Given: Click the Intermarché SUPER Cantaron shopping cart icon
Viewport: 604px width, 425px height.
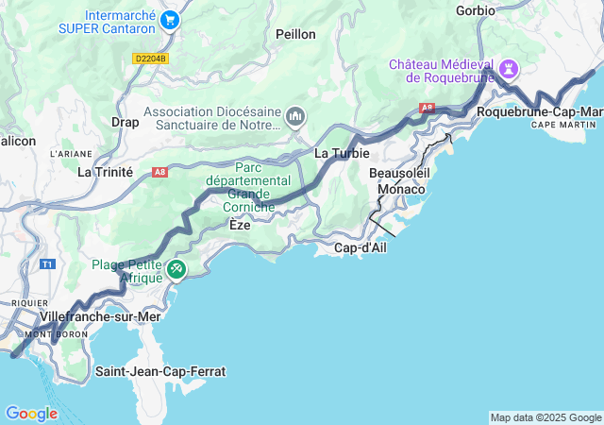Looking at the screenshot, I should point(170,20).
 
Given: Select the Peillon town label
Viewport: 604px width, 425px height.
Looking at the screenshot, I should point(295,34).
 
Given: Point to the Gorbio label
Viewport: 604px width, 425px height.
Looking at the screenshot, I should point(475,10).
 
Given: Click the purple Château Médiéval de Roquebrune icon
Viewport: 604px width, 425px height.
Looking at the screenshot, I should point(510,68).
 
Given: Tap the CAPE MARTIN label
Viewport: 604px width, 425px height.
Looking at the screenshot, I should point(566,125).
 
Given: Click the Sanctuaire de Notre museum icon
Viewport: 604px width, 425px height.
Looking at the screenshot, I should point(295,116).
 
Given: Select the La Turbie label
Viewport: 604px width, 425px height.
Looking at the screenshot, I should point(341,153).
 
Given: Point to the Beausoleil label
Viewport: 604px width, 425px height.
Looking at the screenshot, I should point(400,174).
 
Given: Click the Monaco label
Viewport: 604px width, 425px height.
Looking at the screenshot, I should point(401,190).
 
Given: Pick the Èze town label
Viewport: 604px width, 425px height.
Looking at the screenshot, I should point(240,226).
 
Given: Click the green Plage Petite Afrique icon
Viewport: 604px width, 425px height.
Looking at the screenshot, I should point(176,270).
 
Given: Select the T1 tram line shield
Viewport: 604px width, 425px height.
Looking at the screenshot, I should point(47,264).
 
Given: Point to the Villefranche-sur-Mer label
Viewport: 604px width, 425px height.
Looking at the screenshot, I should point(101,316).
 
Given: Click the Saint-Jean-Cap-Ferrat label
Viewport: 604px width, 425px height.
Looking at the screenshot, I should point(160,371).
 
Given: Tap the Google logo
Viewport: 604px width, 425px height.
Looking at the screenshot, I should point(31,414).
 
